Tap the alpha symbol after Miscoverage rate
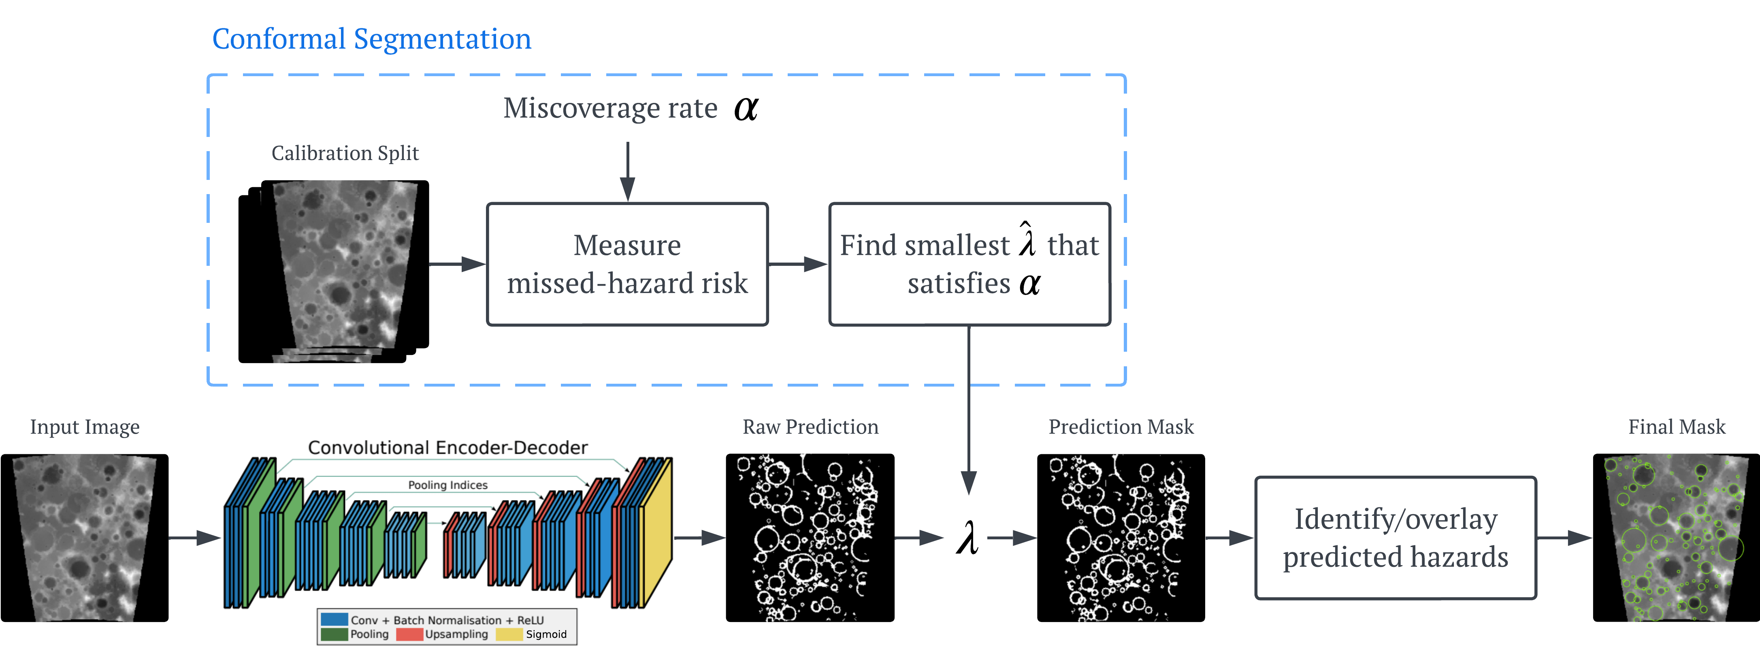[746, 108]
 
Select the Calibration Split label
[345, 153]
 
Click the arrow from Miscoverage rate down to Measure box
[627, 171]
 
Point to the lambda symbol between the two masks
[967, 537]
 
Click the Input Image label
[85, 427]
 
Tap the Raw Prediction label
[810, 427]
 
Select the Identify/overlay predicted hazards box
[1395, 538]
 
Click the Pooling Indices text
[447, 485]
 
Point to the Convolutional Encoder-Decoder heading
[447, 448]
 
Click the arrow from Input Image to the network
[195, 538]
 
